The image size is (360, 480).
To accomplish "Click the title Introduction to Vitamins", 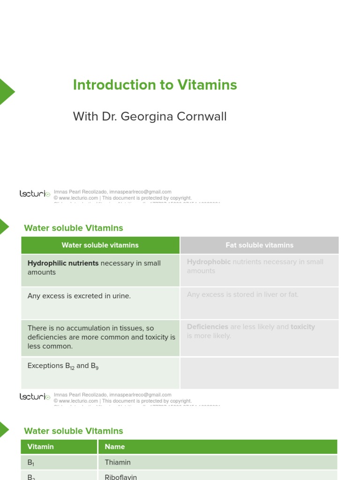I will click(155, 85).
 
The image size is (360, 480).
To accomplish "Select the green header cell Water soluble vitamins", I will click(100, 245).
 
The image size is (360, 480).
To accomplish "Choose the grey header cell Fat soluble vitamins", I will click(259, 245).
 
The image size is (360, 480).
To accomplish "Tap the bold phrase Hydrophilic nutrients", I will click(63, 263).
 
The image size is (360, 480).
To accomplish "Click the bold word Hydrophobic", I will click(209, 262).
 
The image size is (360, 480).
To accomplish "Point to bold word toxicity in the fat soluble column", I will click(303, 327).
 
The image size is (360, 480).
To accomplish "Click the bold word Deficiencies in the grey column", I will click(207, 327).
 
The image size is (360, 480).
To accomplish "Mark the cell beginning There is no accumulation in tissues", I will click(100, 337).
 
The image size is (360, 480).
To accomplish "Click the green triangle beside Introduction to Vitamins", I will click(6, 91).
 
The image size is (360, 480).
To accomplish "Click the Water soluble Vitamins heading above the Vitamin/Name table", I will click(74, 431).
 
